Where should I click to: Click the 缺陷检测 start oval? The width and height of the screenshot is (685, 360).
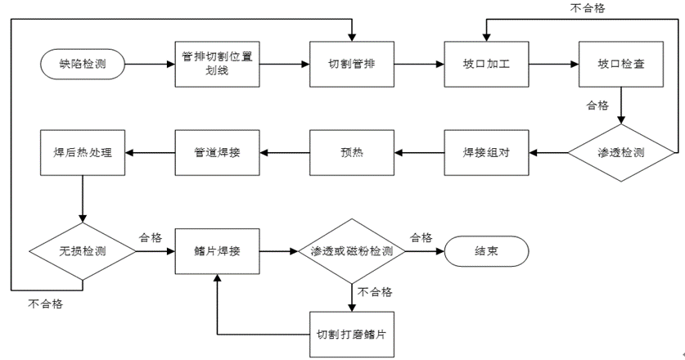(x=83, y=63)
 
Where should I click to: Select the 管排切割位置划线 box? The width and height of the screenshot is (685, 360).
(x=218, y=64)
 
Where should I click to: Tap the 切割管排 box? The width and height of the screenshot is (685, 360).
(x=351, y=64)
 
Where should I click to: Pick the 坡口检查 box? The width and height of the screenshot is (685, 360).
(x=620, y=64)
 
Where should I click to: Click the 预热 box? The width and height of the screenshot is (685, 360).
(x=351, y=153)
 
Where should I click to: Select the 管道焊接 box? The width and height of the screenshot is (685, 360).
(x=218, y=153)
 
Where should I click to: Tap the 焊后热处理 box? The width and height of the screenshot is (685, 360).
(x=83, y=153)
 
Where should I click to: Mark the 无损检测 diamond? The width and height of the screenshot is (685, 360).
(x=83, y=251)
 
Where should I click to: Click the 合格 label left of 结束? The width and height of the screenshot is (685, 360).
(x=421, y=237)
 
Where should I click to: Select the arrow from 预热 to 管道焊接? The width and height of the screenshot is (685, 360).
(x=285, y=153)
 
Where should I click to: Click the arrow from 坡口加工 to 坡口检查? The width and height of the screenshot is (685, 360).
(x=552, y=64)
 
